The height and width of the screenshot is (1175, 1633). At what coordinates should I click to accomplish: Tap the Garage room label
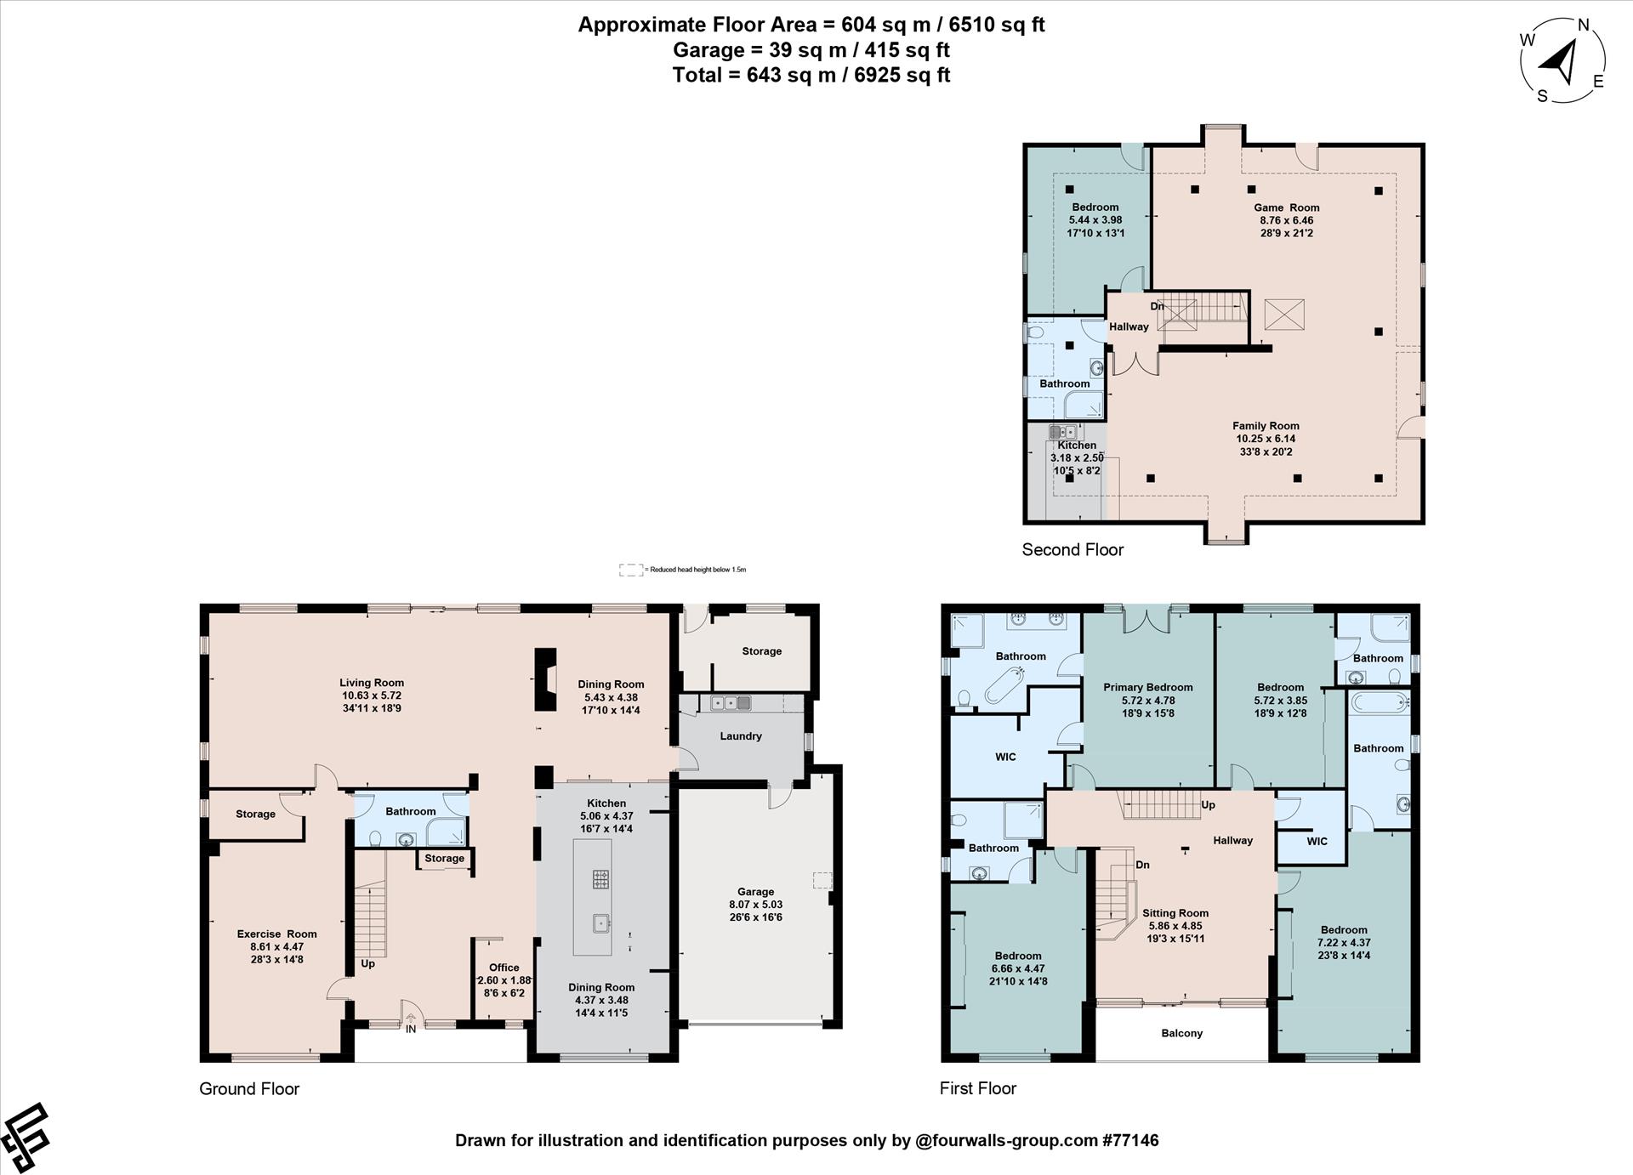755,892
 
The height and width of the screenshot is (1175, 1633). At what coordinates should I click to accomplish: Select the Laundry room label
741,736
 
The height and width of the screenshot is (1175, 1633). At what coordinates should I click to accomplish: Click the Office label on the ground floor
504,968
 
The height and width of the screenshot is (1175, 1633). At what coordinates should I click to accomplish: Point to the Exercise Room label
276,934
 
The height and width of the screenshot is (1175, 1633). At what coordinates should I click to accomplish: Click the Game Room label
1287,207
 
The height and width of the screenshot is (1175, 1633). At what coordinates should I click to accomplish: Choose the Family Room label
1266,426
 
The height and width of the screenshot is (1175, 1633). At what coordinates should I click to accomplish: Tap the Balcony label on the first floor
1182,1033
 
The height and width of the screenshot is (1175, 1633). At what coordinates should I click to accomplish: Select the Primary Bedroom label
1148,687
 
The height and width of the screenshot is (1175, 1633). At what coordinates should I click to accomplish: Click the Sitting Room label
1175,913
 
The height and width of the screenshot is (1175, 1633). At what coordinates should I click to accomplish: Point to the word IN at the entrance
411,1029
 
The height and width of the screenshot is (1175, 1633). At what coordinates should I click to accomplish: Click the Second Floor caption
1073,550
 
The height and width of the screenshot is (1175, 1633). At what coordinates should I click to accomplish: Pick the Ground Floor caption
249,1089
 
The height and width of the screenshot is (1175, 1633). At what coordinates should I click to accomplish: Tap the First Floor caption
978,1088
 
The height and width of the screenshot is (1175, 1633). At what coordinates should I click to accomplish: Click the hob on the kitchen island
600,879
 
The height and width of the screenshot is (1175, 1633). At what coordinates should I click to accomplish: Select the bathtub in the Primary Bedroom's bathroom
1004,685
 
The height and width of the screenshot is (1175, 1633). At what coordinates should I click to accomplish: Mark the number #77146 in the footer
1130,1140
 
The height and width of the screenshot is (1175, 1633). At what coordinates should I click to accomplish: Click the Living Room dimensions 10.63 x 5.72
372,695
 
